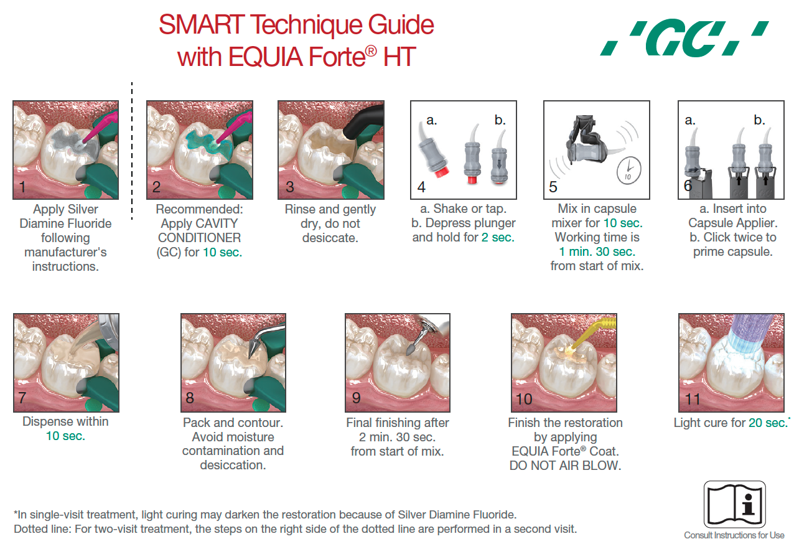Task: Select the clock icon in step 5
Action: point(628,169)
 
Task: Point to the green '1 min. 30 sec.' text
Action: point(597,251)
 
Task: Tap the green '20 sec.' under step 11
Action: point(767,423)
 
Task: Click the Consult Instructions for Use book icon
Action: point(734,504)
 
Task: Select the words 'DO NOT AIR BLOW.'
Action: point(565,466)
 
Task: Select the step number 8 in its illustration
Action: point(190,398)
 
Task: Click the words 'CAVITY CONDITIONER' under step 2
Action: point(198,230)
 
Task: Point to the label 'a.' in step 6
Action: point(690,120)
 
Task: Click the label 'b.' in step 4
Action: point(500,120)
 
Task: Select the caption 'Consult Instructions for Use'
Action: point(734,535)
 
